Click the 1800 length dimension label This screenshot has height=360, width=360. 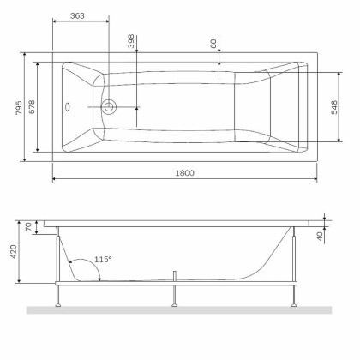tap(185, 172)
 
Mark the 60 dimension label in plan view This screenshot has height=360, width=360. tap(213, 43)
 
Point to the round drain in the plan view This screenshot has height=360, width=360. tap(109, 108)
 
